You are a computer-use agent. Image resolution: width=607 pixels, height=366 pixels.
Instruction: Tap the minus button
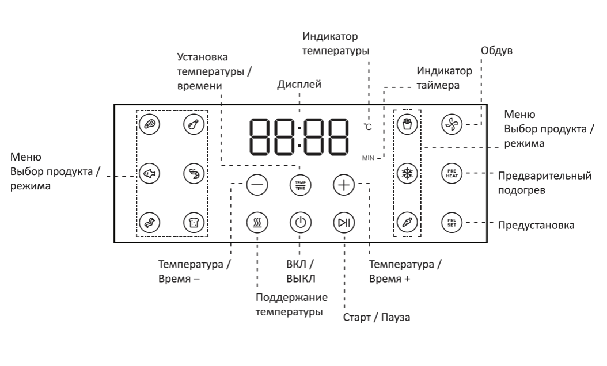click(x=257, y=185)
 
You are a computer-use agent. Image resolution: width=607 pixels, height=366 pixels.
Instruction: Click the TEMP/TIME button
click(x=298, y=185)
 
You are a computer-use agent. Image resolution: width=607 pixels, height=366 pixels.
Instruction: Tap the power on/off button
click(x=298, y=222)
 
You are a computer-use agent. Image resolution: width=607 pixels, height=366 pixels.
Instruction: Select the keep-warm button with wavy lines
click(x=257, y=222)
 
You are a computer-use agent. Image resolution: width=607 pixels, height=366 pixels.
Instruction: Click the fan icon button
click(x=452, y=124)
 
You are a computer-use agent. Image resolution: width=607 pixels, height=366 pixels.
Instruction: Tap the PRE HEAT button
click(x=452, y=173)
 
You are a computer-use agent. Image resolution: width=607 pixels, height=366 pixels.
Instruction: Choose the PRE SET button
click(x=452, y=222)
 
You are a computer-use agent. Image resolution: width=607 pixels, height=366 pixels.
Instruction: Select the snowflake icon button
click(x=407, y=173)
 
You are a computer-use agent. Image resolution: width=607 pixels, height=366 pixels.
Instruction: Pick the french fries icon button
click(x=407, y=124)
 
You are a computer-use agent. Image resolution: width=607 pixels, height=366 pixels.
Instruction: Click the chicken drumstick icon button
click(x=193, y=124)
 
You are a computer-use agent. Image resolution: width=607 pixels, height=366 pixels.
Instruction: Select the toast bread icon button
click(x=193, y=222)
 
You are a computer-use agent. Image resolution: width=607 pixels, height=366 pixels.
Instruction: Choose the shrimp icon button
click(x=193, y=173)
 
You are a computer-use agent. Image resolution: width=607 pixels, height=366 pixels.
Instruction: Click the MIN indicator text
click(x=369, y=157)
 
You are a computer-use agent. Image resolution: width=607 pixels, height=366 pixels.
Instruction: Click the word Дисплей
click(x=299, y=85)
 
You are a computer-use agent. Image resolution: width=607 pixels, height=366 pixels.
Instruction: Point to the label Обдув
click(x=496, y=50)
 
